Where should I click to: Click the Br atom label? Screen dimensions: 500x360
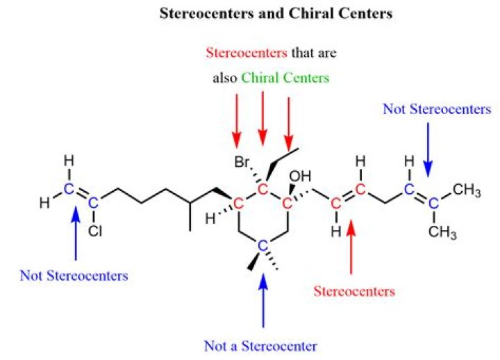coord(242,162)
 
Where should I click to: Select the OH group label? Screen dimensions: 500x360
coord(300,176)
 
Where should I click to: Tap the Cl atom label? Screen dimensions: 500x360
coord(95,231)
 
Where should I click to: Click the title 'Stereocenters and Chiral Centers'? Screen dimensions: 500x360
coord(276,13)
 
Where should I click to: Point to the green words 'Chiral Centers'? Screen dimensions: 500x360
coord(285,78)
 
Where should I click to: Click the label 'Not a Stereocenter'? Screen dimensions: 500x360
coord(260,346)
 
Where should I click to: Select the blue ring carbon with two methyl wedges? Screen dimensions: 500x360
coord(262,246)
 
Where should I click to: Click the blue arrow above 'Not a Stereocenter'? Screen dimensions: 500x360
coord(263,300)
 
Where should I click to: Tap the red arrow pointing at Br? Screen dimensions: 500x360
coord(237,121)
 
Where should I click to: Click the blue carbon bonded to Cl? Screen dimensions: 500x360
coord(93,202)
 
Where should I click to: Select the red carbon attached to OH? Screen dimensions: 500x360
coord(287,204)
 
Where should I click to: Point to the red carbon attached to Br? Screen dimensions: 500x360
coord(262,190)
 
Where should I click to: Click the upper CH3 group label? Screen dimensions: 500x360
coord(467,190)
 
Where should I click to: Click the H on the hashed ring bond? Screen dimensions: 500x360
coord(210,219)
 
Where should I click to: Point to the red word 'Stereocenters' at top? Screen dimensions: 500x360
coord(247,52)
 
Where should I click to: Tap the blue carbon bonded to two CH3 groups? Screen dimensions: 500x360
coord(433,204)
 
